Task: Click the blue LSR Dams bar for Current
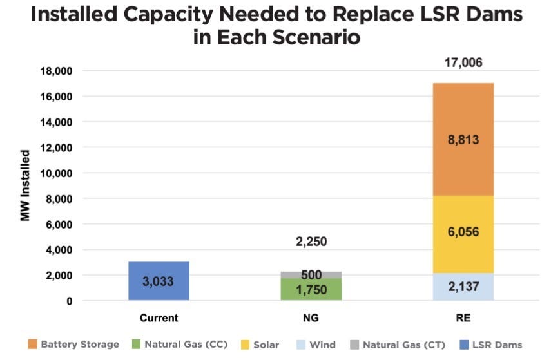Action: [x=159, y=281]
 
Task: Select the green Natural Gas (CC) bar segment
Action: [x=311, y=290]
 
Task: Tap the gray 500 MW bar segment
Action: [x=311, y=275]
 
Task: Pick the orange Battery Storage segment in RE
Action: [x=463, y=140]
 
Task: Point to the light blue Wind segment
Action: [x=463, y=287]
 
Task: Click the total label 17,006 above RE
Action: [x=463, y=63]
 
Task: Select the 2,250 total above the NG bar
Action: [x=311, y=242]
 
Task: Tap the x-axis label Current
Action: [x=159, y=318]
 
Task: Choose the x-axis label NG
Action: [x=311, y=318]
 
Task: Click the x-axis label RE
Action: [x=463, y=318]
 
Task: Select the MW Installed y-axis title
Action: [x=25, y=185]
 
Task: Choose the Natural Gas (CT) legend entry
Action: [x=396, y=345]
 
